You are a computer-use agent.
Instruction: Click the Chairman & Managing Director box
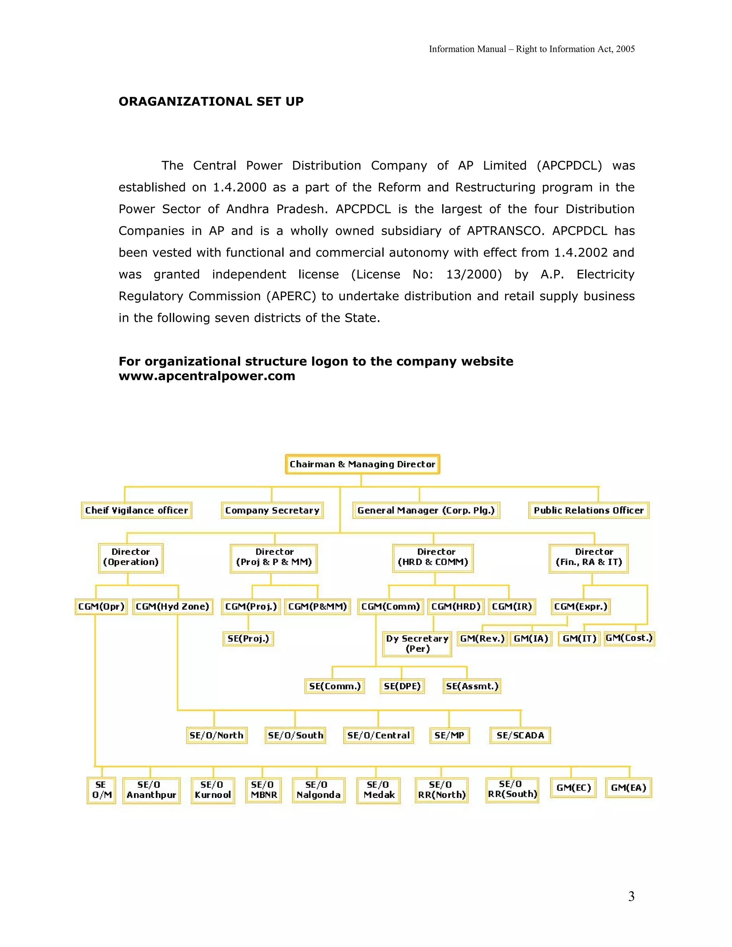tap(362, 464)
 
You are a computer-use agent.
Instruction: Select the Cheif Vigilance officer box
tap(137, 510)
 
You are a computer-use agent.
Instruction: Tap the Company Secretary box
tap(272, 510)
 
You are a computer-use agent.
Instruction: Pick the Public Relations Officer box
tap(588, 510)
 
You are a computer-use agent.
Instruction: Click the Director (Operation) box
tap(130, 557)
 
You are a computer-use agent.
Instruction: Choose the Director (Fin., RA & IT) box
tap(588, 557)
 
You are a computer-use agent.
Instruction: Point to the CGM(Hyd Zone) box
tap(172, 606)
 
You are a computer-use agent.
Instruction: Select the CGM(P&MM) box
tap(317, 606)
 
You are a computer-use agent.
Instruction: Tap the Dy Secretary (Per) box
tap(417, 644)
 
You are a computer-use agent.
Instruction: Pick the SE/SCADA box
tap(520, 735)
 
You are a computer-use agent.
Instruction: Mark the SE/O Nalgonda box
tap(318, 790)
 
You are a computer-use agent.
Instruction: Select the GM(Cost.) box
tap(629, 638)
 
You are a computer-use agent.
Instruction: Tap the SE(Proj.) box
tap(248, 638)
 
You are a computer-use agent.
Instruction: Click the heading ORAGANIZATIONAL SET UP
tap(211, 101)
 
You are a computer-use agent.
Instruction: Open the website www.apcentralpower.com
tap(207, 376)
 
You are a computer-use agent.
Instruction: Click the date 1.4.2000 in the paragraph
tap(239, 188)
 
